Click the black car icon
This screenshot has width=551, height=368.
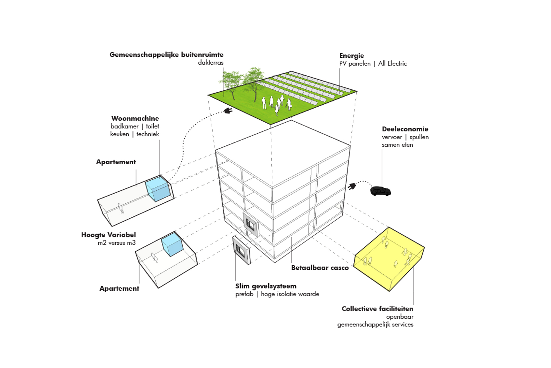[380, 191]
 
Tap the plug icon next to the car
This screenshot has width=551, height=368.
[352, 186]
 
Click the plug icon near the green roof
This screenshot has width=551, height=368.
[228, 111]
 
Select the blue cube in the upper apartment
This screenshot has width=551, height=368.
[158, 189]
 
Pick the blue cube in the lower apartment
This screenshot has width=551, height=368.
[172, 244]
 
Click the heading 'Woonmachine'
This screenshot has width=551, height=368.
[135, 118]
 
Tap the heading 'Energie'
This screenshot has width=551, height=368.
[352, 56]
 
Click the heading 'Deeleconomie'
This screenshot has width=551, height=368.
[405, 129]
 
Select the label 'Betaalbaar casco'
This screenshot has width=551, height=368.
[320, 268]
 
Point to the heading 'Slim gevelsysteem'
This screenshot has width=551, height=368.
[266, 286]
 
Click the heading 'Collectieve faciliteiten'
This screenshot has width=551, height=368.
[377, 309]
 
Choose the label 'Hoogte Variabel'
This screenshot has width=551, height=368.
[109, 235]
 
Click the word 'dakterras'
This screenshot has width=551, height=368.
[211, 63]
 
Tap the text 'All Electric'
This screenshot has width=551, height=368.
[392, 63]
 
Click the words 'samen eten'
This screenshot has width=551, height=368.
[397, 145]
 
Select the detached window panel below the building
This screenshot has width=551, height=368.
[242, 250]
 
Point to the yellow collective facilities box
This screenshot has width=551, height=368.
[388, 260]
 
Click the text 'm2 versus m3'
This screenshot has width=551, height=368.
[117, 243]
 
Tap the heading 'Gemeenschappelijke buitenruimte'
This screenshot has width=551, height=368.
[166, 55]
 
